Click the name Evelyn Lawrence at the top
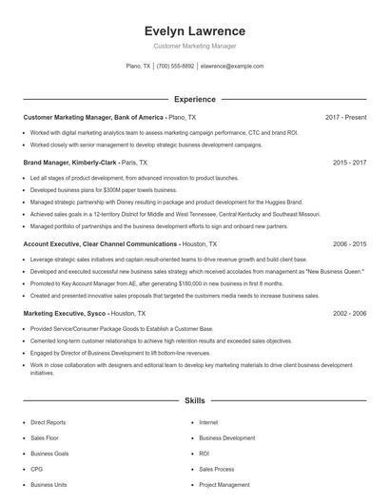click(194, 30)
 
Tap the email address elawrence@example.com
click(232, 67)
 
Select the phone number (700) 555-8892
click(175, 67)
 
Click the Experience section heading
click(194, 99)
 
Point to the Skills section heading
click(194, 401)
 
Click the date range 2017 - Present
click(345, 117)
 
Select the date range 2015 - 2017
click(349, 163)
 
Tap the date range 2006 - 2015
click(349, 243)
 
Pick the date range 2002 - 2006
click(349, 312)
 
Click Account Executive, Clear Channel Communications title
click(100, 243)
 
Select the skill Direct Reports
click(48, 422)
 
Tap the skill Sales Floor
click(44, 438)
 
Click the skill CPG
click(36, 469)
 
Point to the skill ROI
click(204, 454)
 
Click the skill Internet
click(208, 422)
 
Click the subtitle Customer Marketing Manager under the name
click(194, 46)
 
